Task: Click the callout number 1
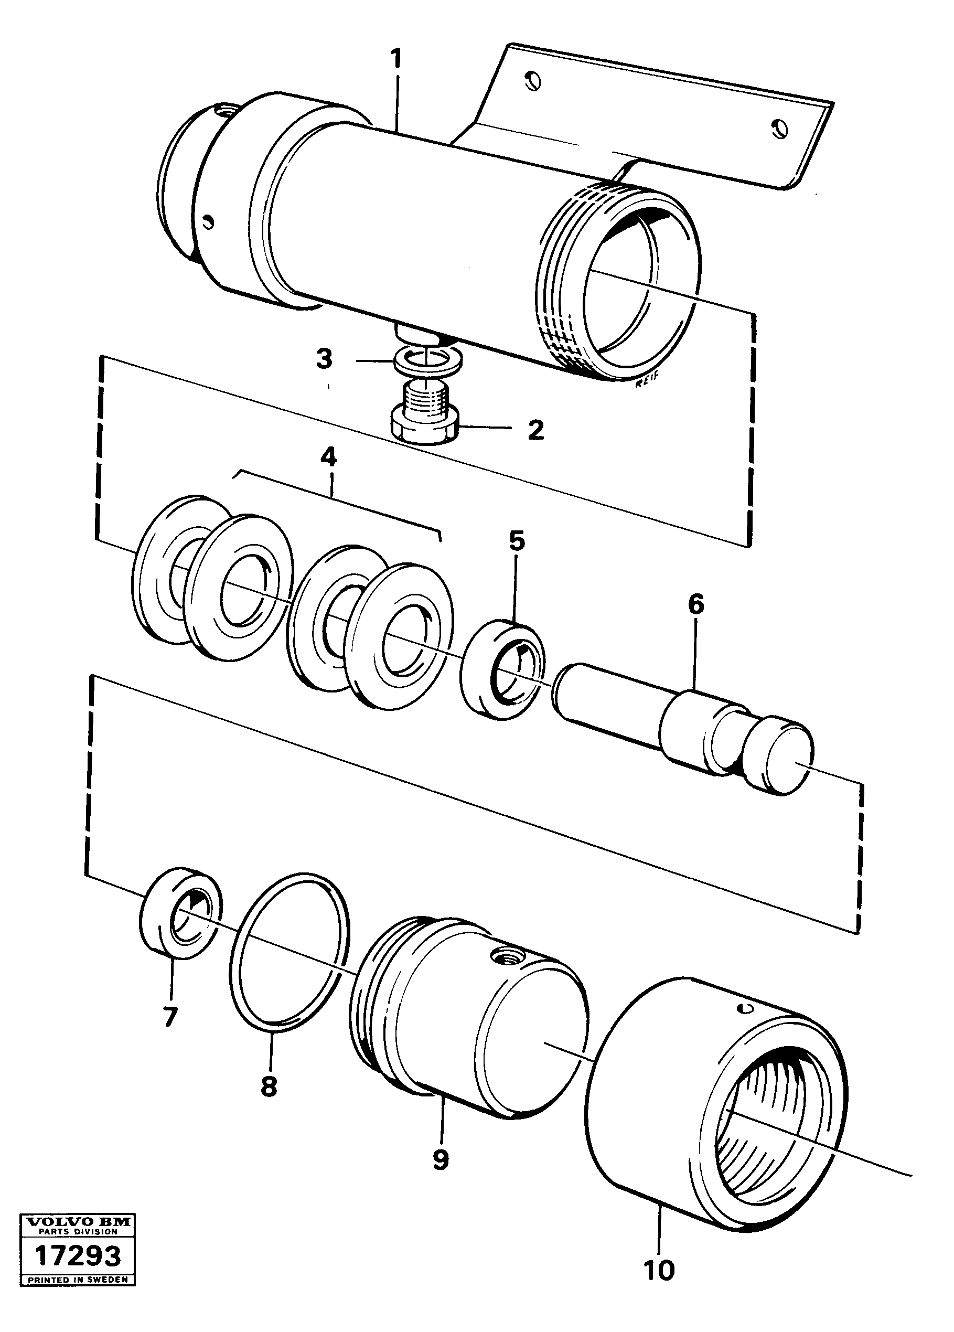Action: coord(396,60)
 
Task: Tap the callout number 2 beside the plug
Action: coord(535,431)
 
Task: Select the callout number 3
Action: coord(325,359)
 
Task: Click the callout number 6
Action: coord(695,604)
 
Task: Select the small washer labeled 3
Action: coord(426,359)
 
